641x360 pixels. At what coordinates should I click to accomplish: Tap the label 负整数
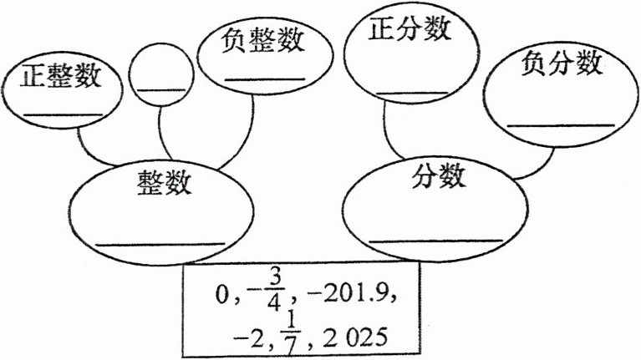pyautogui.click(x=262, y=40)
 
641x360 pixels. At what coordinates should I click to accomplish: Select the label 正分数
pyautogui.click(x=410, y=29)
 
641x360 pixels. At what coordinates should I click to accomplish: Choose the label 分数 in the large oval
pyautogui.click(x=437, y=176)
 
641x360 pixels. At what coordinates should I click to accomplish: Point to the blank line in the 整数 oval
pyautogui.click(x=160, y=243)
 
